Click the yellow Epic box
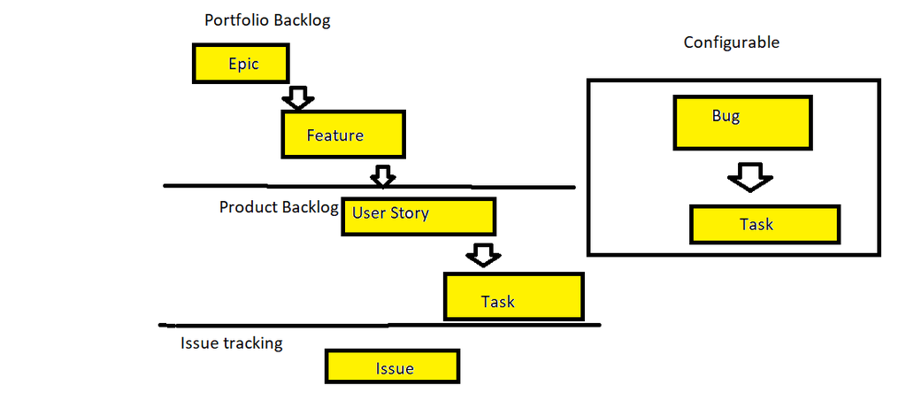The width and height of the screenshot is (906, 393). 241,64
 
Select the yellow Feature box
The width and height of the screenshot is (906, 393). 343,135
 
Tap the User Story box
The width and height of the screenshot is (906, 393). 418,215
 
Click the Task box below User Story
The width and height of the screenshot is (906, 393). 513,297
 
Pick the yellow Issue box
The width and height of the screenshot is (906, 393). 393,367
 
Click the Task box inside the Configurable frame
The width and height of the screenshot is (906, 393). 764,224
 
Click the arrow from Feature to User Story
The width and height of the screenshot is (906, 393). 382,175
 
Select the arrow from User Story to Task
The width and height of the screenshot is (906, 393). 483,255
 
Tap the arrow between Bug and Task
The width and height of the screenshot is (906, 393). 750,177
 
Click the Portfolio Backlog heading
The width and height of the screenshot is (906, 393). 266,19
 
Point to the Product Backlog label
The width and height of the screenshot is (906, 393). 279,206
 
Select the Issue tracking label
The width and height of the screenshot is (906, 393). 231,343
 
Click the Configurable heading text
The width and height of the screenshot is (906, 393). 732,42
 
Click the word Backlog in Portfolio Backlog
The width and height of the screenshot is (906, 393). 301,19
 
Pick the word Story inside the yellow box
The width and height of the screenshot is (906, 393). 409,213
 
